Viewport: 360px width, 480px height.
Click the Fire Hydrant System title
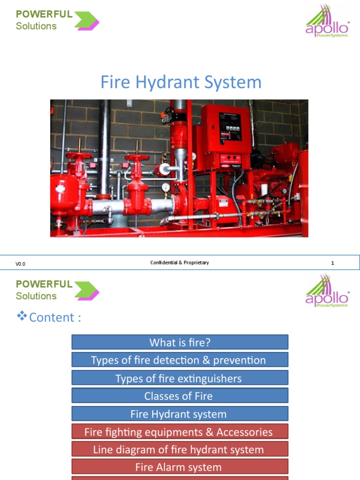pos(180,82)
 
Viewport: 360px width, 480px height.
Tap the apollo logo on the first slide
pos(327,22)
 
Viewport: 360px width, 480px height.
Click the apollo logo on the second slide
pos(327,291)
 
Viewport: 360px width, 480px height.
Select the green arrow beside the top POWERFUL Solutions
pos(87,21)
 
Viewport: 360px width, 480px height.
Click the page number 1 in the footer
pos(332,263)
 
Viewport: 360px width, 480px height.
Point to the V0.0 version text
pos(21,264)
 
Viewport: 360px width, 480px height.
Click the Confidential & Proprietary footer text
pos(180,262)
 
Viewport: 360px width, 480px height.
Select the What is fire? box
pos(180,342)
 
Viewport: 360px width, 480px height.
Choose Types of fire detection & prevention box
pos(180,360)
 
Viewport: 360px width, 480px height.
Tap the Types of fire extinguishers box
pos(180,378)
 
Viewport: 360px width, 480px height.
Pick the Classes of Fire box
pos(180,396)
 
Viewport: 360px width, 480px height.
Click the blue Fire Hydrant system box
pos(180,414)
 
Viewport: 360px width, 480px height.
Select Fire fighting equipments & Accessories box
pos(180,432)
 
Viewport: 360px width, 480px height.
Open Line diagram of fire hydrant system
pos(180,450)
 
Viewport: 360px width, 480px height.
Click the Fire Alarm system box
pos(180,467)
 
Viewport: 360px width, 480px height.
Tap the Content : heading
pos(55,317)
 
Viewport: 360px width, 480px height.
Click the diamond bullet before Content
pos(22,316)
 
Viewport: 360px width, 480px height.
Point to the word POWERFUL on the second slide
pos(44,284)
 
